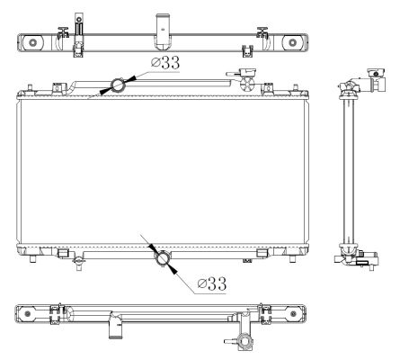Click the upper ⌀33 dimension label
pyautogui.click(x=165, y=62)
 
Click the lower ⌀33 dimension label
pyautogui.click(x=212, y=283)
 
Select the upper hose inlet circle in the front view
pyautogui.click(x=118, y=85)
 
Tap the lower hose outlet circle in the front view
pyautogui.click(x=163, y=258)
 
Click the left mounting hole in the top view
pyautogui.click(x=32, y=42)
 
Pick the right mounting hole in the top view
pyautogui.click(x=293, y=42)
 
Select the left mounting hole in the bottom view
pyautogui.click(x=28, y=314)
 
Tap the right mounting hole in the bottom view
pyautogui.click(x=293, y=314)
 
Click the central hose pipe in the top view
pyautogui.click(x=163, y=31)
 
